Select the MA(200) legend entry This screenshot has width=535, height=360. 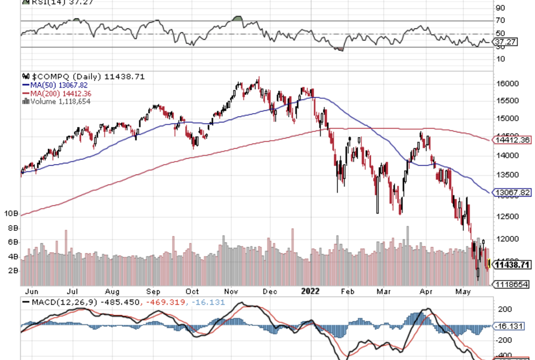[53, 93]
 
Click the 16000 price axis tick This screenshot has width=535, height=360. [507, 83]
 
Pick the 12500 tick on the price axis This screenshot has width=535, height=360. [507, 216]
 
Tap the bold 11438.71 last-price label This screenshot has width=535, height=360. [512, 265]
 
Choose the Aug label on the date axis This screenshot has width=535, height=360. [117, 290]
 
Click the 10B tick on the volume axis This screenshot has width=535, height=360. [11, 213]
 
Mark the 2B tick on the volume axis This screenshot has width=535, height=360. [11, 270]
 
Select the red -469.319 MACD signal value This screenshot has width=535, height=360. [166, 301]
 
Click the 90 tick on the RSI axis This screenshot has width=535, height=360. [500, 8]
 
